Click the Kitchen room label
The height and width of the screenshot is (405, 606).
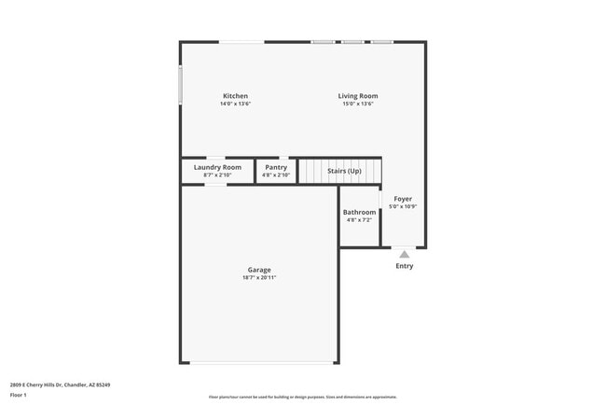click(x=235, y=96)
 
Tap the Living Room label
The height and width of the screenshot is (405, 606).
click(x=357, y=96)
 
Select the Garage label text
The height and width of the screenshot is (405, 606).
click(x=259, y=270)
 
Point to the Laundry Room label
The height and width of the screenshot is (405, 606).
click(x=217, y=167)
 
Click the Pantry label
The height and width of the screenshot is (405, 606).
click(x=276, y=167)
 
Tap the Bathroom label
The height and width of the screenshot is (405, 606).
click(x=359, y=212)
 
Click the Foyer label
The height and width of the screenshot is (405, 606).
click(x=403, y=199)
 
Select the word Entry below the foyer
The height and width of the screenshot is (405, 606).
click(x=404, y=266)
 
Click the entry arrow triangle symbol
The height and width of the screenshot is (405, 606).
click(x=404, y=253)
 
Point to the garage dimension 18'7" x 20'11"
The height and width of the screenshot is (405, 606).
click(x=259, y=277)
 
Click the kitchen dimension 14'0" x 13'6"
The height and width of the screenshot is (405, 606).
click(x=235, y=104)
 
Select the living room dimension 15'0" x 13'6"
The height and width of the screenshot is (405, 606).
click(x=357, y=104)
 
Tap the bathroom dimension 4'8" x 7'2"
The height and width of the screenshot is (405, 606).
click(x=359, y=219)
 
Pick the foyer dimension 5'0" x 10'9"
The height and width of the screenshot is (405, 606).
click(x=403, y=206)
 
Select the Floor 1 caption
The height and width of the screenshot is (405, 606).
click(x=19, y=395)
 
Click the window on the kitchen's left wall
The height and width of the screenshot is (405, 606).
click(x=181, y=85)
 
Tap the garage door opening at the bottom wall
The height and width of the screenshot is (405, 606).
click(x=258, y=363)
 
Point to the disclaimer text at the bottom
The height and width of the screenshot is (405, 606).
click(x=303, y=397)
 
